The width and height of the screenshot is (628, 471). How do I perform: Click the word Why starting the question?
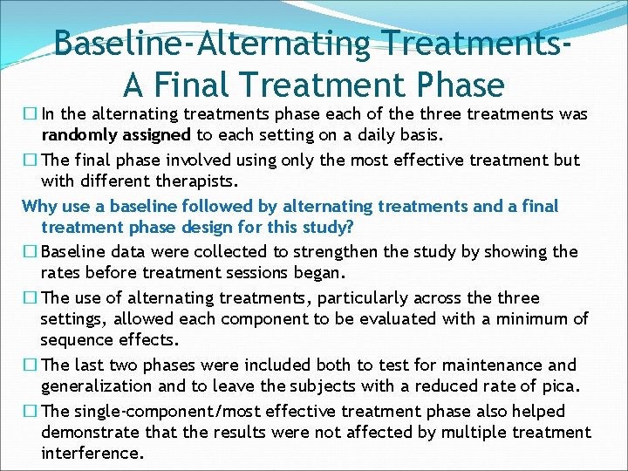(x=38, y=206)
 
